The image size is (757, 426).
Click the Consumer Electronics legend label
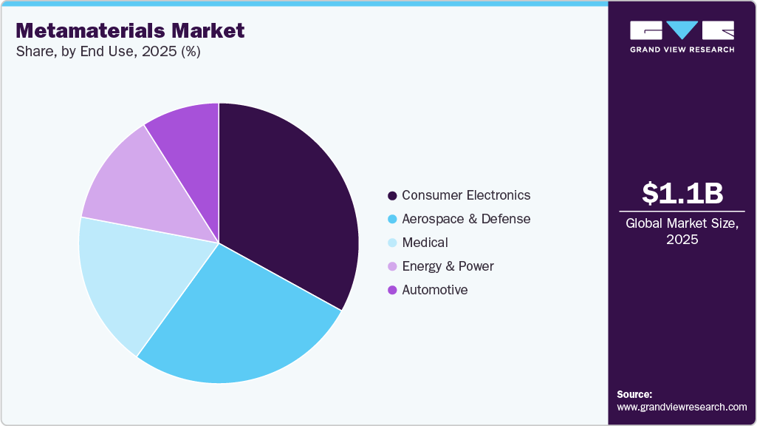[466, 195]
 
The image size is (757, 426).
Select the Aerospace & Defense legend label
[466, 219]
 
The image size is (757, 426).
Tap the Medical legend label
[425, 243]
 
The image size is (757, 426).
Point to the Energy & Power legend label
[448, 266]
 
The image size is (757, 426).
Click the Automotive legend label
[434, 290]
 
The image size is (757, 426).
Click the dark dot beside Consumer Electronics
[392, 196]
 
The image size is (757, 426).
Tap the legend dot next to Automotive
[392, 290]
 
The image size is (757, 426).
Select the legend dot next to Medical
[392, 243]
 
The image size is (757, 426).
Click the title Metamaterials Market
[130, 30]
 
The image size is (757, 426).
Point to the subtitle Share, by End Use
[108, 52]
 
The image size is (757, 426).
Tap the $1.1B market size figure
[682, 193]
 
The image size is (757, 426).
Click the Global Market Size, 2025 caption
[682, 231]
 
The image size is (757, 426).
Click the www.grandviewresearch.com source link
[682, 407]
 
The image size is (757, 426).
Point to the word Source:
[634, 394]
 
